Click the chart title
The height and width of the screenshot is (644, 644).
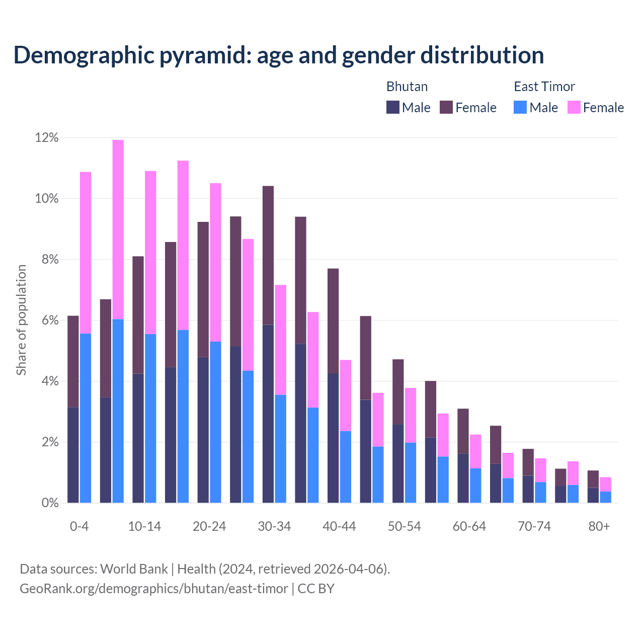pos(279,55)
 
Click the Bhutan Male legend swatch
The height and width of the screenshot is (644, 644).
pos(392,107)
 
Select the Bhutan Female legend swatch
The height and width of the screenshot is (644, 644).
pos(446,107)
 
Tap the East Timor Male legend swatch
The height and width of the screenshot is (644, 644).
pos(520,107)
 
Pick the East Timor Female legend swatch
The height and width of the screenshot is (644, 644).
pos(574,107)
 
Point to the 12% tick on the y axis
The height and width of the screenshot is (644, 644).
pos(47,138)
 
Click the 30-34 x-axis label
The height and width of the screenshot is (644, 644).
pos(274,526)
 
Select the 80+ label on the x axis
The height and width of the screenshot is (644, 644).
pos(599,526)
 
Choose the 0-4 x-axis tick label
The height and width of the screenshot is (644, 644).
pos(79,526)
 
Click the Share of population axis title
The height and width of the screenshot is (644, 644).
pos(21,320)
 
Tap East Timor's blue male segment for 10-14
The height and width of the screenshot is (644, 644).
pos(150,418)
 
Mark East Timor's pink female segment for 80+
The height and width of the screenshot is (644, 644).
pos(605,484)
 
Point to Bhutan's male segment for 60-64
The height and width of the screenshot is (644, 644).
pos(463,478)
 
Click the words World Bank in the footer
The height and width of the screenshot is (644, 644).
pos(134,569)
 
